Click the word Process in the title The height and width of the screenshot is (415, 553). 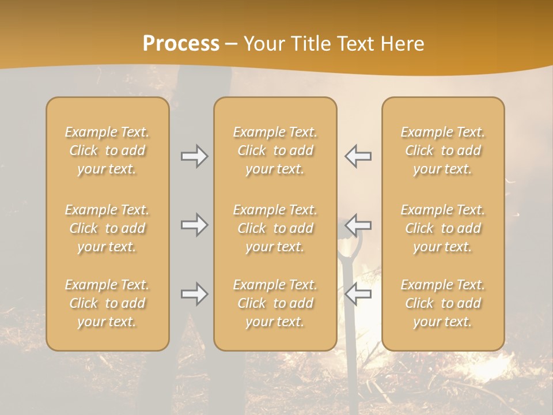(x=181, y=44)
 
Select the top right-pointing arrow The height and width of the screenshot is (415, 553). (x=194, y=156)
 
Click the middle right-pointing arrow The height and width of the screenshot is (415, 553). (x=194, y=225)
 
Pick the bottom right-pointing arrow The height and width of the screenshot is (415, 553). (x=194, y=294)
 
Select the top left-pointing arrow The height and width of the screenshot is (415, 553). (x=358, y=156)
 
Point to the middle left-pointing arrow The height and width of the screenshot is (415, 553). (x=358, y=223)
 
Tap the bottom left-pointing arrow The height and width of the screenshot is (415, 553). (x=358, y=294)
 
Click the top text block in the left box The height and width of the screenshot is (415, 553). (x=107, y=150)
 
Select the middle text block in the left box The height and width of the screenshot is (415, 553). (x=107, y=228)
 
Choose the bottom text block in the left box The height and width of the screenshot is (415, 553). (x=107, y=303)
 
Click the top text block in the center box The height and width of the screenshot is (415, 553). (x=275, y=150)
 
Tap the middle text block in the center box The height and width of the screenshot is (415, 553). (x=275, y=228)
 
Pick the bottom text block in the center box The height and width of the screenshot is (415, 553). (x=275, y=303)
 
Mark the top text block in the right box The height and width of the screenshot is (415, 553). (x=443, y=150)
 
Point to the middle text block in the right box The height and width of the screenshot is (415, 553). (x=443, y=228)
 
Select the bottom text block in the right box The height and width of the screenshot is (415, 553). (x=443, y=303)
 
